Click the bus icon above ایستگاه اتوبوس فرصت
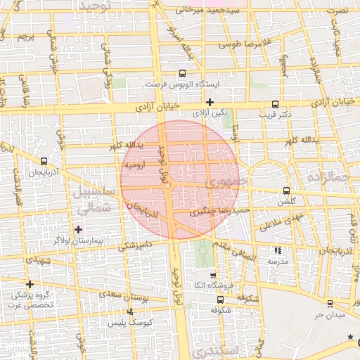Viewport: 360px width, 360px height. click(183, 72)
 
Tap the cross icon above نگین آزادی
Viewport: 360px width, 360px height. click(210, 101)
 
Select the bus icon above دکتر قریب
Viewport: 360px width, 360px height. click(275, 102)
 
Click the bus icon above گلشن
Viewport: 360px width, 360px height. click(286, 191)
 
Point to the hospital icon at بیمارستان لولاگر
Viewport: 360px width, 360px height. click(78, 229)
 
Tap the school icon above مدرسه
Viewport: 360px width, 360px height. click(278, 250)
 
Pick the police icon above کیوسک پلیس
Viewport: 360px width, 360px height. click(129, 311)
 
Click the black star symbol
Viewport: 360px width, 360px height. click(351, 337)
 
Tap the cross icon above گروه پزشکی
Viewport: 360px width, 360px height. click(29, 284)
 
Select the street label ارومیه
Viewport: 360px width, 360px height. click(134, 164)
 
